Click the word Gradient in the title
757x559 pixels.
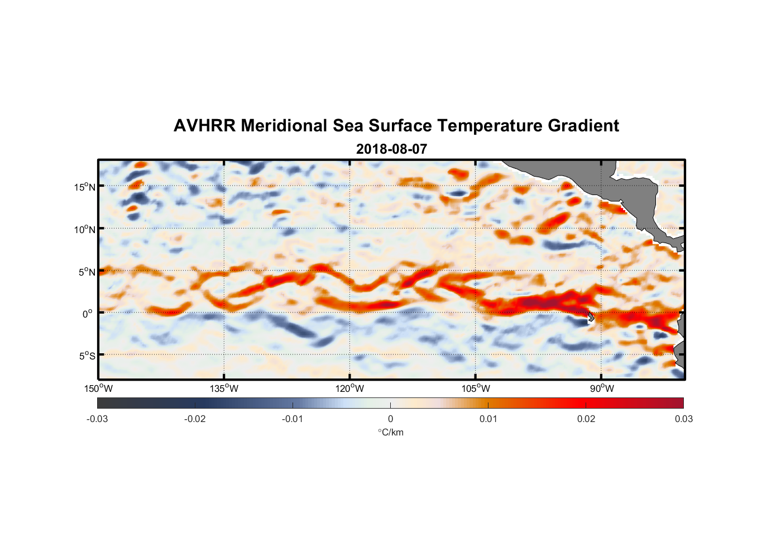pyautogui.click(x=583, y=126)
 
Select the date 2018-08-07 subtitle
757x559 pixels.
pyautogui.click(x=391, y=149)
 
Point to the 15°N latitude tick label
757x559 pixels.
pyautogui.click(x=84, y=187)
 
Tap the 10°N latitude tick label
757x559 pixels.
pyautogui.click(x=84, y=229)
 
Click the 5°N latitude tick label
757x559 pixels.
pyautogui.click(x=87, y=272)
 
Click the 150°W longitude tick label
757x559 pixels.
pyautogui.click(x=99, y=389)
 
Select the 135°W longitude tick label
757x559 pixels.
pyautogui.click(x=224, y=389)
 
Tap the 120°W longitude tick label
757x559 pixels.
pyautogui.click(x=350, y=389)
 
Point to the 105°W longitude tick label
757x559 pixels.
pyautogui.click(x=476, y=389)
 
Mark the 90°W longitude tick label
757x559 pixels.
pyautogui.click(x=602, y=389)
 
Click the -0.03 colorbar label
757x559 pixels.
pyautogui.click(x=97, y=419)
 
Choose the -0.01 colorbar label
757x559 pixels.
pyautogui.click(x=293, y=419)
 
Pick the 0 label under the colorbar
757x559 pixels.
pyautogui.click(x=390, y=419)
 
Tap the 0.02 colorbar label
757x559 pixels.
pyautogui.click(x=586, y=419)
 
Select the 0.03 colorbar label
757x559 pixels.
pyautogui.click(x=683, y=419)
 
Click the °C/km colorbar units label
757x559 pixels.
pyautogui.click(x=390, y=432)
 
